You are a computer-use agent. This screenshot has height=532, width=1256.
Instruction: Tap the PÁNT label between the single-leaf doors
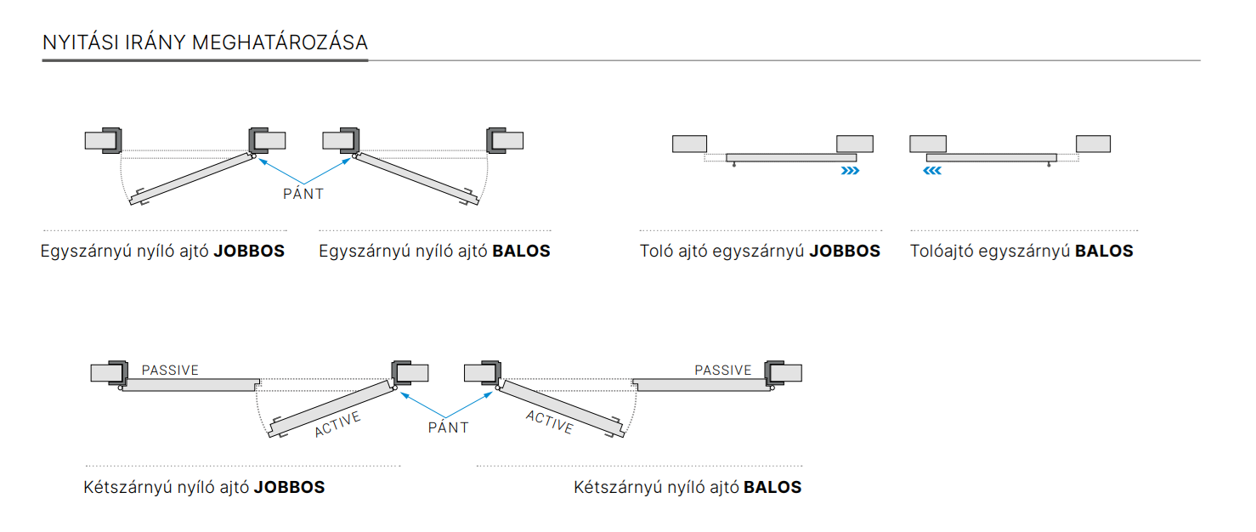[303, 194]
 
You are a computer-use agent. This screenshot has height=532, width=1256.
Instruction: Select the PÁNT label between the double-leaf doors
[448, 427]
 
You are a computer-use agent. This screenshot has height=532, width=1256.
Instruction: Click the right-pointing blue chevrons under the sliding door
[850, 171]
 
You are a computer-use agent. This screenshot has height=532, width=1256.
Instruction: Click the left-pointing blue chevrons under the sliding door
[932, 171]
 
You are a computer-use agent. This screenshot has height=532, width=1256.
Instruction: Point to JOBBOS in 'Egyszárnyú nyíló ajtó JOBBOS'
[249, 252]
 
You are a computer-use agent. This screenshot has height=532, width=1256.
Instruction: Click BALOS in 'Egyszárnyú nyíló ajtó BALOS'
[522, 252]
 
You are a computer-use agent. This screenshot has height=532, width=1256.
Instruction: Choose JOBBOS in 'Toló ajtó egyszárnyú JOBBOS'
[845, 252]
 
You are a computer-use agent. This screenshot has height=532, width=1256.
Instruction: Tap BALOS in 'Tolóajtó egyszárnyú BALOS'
[1104, 252]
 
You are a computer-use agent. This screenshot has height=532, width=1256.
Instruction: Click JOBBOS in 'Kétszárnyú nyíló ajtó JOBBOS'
[289, 488]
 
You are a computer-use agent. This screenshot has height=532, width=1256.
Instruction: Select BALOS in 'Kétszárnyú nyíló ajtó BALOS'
[772, 488]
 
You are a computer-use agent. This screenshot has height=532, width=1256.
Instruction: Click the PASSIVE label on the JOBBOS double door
[170, 371]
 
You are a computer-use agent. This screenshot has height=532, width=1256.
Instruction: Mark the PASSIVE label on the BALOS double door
[723, 371]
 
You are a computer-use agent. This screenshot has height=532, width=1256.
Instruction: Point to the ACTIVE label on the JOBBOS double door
[337, 424]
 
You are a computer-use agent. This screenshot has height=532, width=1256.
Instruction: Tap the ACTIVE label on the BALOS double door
[549, 422]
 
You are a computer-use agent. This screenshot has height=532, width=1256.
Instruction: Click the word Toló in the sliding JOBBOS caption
[657, 252]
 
